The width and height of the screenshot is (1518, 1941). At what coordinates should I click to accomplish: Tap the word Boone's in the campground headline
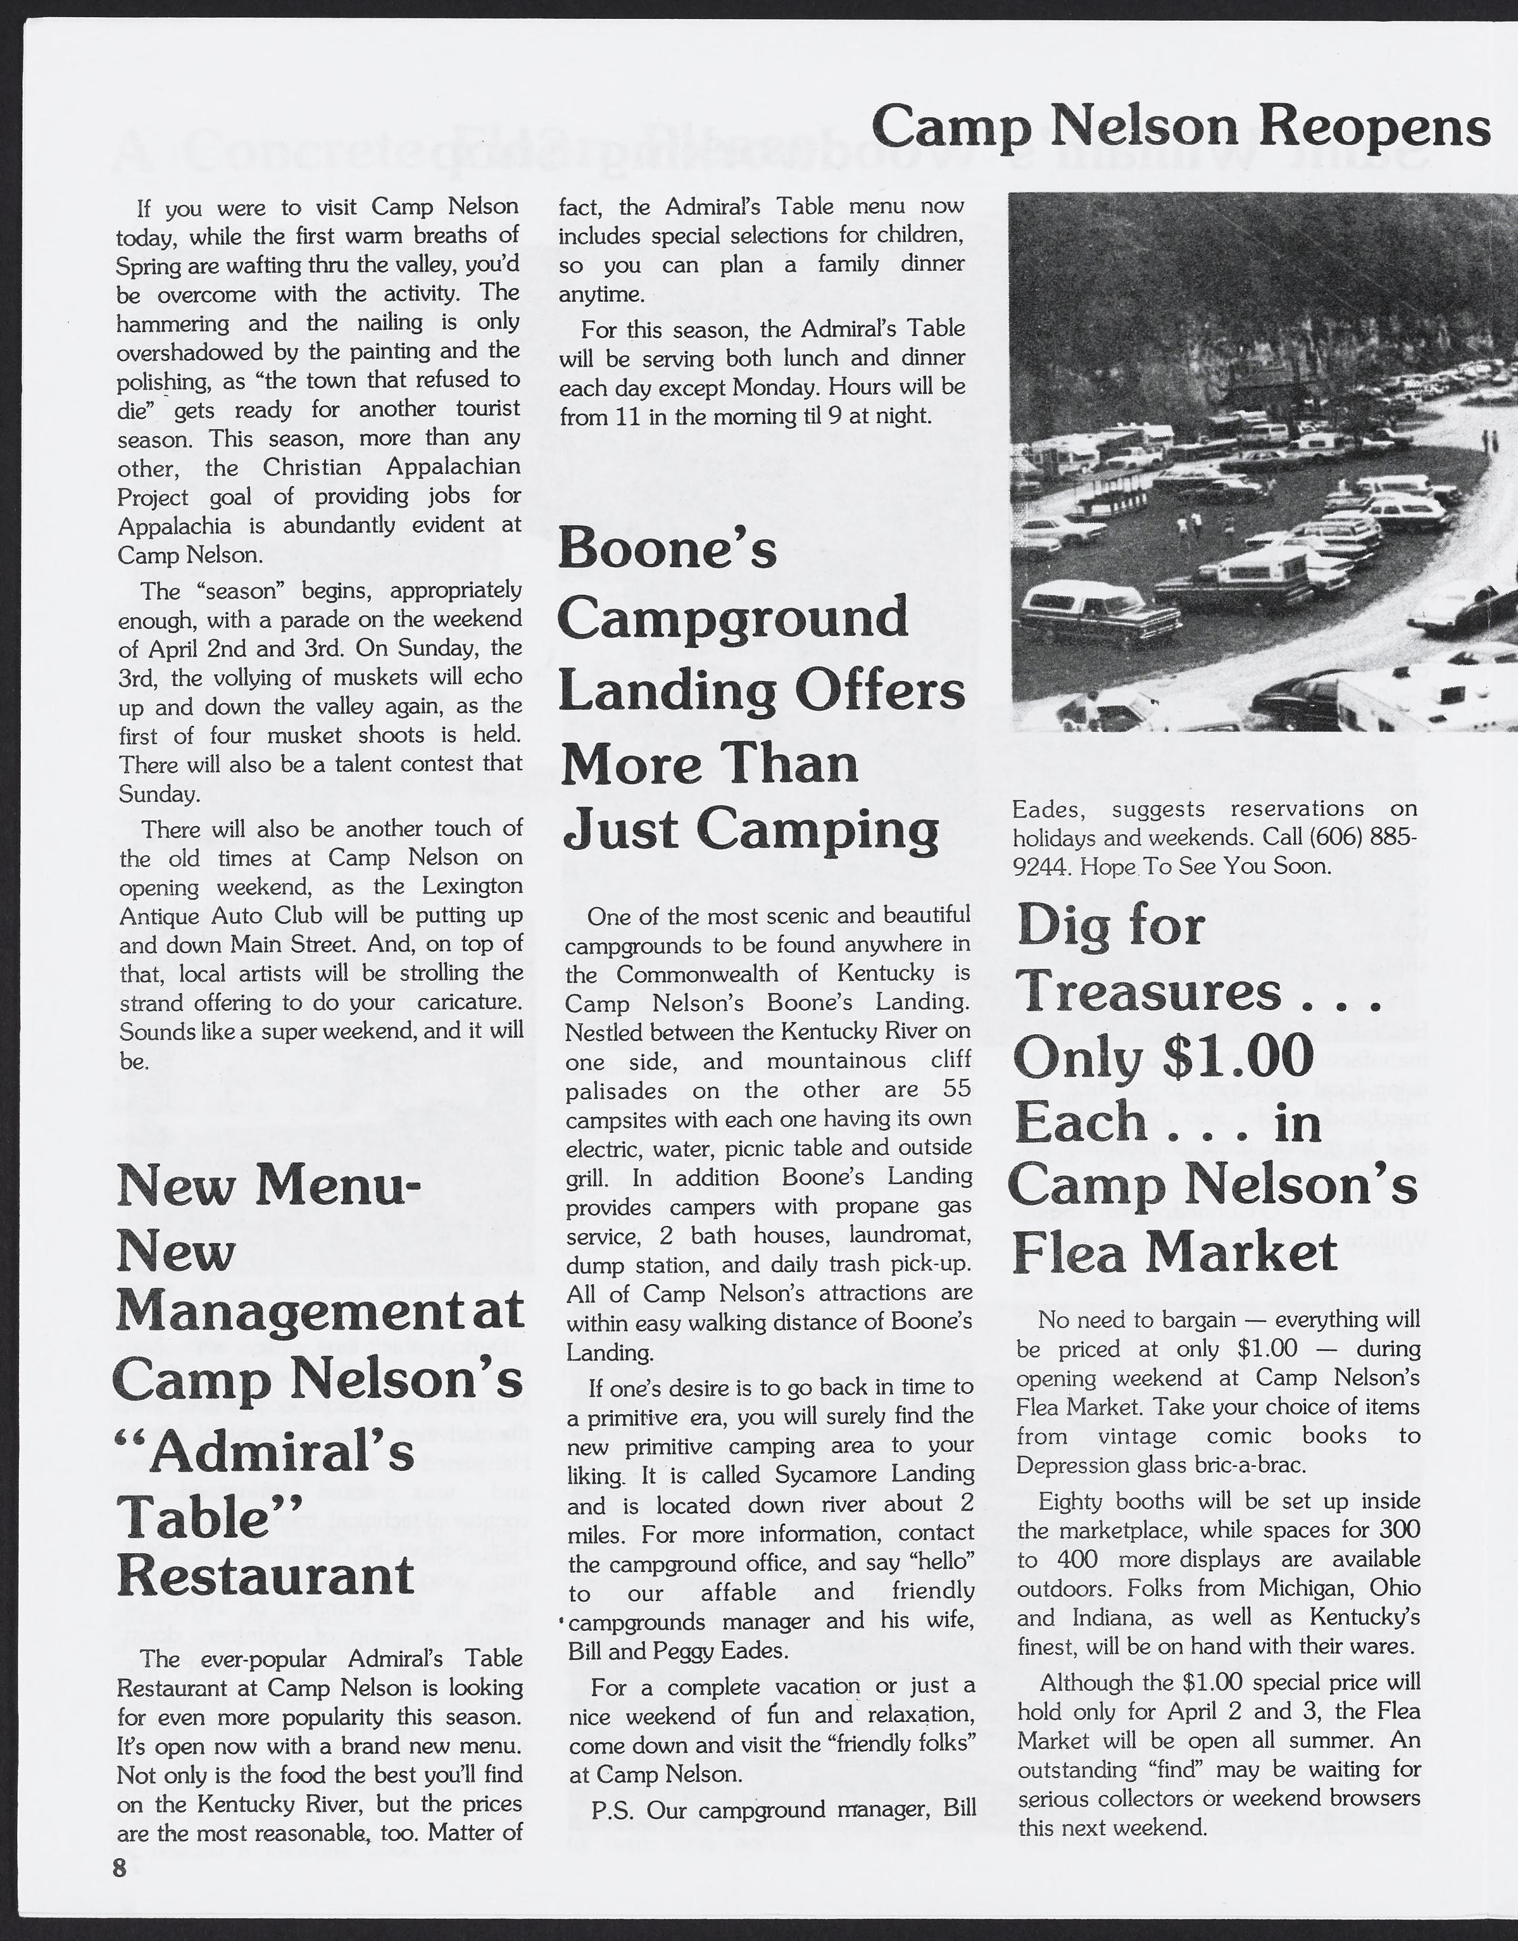click(667, 550)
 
